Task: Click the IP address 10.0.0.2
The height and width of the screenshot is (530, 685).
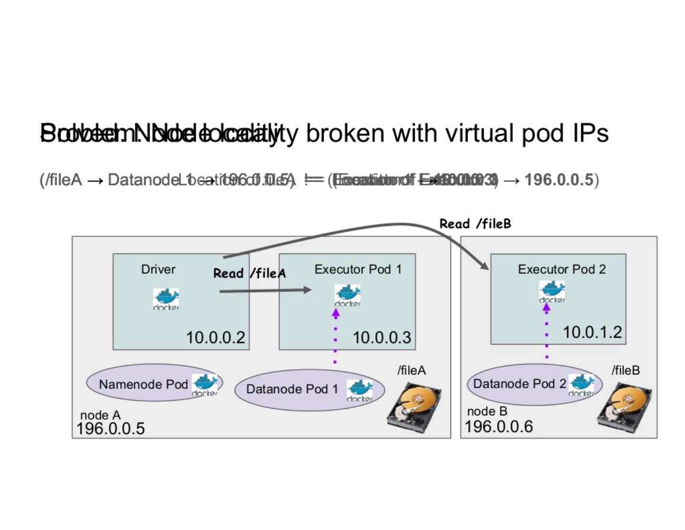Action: point(215,337)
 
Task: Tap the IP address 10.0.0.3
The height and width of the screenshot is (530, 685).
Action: point(382,337)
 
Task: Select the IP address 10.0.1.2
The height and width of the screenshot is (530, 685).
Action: point(592,332)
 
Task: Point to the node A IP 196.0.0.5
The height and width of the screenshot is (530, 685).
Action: point(110,428)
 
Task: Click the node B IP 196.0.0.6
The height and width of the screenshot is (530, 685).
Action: point(499,426)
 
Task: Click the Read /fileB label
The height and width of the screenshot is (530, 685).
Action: point(475,224)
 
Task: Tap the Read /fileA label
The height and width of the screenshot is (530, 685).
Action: point(249,273)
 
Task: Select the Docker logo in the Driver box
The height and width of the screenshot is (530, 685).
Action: point(166,299)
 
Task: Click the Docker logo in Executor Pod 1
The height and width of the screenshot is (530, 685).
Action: point(347,295)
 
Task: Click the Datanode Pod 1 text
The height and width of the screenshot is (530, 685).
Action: point(292,389)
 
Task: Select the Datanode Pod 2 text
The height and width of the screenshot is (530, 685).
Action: point(519,384)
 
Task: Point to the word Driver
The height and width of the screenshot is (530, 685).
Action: point(158,269)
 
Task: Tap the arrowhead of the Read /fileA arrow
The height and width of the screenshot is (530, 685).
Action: point(307,289)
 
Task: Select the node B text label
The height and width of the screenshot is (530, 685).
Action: point(487,411)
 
